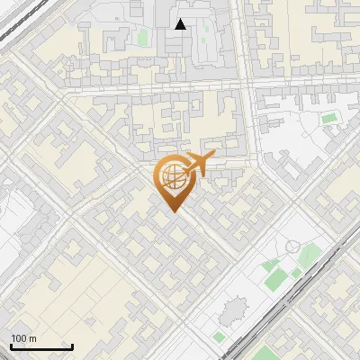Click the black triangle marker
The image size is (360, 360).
(181, 24)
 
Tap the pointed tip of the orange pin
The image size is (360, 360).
(173, 211)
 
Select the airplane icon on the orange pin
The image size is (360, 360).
(196, 166)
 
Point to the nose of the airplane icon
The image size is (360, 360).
(212, 157)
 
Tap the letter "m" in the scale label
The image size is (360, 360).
(31, 338)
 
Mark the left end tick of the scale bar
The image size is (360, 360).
(10, 346)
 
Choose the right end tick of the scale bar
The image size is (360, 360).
(72, 346)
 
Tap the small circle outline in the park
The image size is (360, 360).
(292, 247)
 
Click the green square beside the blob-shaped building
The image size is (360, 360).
(219, 337)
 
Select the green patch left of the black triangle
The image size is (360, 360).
(143, 38)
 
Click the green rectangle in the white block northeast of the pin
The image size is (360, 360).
(329, 118)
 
